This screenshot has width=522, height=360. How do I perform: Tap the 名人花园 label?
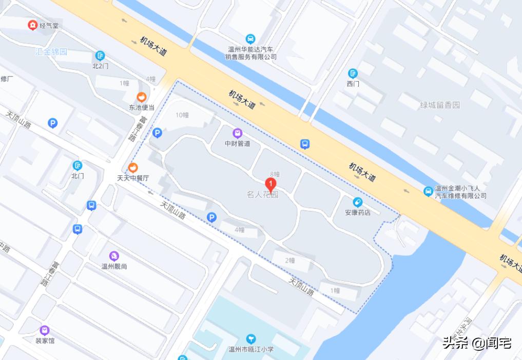point(262,195)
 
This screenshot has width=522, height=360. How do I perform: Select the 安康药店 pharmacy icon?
point(358,202)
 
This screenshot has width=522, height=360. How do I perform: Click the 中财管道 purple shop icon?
point(237,133)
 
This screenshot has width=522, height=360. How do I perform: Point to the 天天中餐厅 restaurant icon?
point(133,167)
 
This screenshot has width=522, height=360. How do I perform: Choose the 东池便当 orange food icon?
point(141,96)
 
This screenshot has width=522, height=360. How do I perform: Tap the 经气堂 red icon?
point(33,25)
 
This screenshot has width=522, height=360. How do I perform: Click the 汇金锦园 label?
point(51,52)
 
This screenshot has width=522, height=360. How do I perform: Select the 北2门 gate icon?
point(100,55)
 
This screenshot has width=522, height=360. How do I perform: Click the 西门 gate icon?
point(353,73)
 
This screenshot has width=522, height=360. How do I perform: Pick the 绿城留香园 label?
point(440,105)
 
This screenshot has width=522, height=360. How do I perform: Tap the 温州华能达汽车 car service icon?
point(250,38)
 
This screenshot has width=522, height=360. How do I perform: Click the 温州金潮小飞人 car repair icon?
point(428,191)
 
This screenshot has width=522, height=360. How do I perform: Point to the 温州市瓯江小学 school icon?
point(251,339)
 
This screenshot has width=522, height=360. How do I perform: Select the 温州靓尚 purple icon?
point(114,255)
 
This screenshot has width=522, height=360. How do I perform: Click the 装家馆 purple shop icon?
point(45,330)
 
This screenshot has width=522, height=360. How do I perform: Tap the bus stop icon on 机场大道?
point(305,144)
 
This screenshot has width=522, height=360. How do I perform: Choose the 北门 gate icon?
point(78,165)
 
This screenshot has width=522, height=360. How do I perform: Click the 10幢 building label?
point(182,115)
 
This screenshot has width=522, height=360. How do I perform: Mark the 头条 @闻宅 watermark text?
point(477,343)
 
